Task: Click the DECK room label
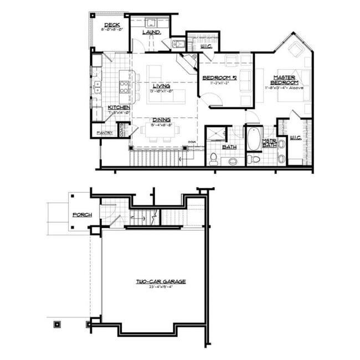(x=112, y=25)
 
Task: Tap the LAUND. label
(x=151, y=32)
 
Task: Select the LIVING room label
(x=161, y=86)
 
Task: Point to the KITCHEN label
(x=119, y=107)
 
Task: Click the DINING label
(x=161, y=120)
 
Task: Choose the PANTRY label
(x=105, y=133)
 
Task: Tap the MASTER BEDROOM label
(x=284, y=79)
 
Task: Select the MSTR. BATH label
(x=269, y=144)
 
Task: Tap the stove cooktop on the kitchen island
(x=125, y=86)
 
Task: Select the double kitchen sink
(x=97, y=87)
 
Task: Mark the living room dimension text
(x=161, y=91)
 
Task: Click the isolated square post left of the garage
(x=56, y=323)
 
